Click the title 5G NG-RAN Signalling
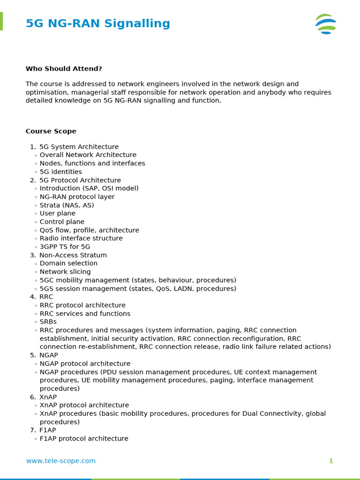pos(97,23)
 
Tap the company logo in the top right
pos(326,24)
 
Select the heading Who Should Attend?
pos(64,69)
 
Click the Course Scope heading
pos(51,131)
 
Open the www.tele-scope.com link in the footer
pos(60,461)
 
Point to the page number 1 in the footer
pos(331,461)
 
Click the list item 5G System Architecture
pos(79,147)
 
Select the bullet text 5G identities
pos(60,172)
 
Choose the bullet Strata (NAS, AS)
pos(67,205)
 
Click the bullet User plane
pos(57,213)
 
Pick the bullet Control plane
pos(62,222)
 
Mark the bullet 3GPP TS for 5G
pos(65,247)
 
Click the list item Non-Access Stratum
pos(73,255)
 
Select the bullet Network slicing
pos(65,272)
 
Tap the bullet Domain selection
pos(68,263)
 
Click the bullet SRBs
pos(48,322)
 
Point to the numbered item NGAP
pos(48,355)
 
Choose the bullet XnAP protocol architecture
pos(84,405)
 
